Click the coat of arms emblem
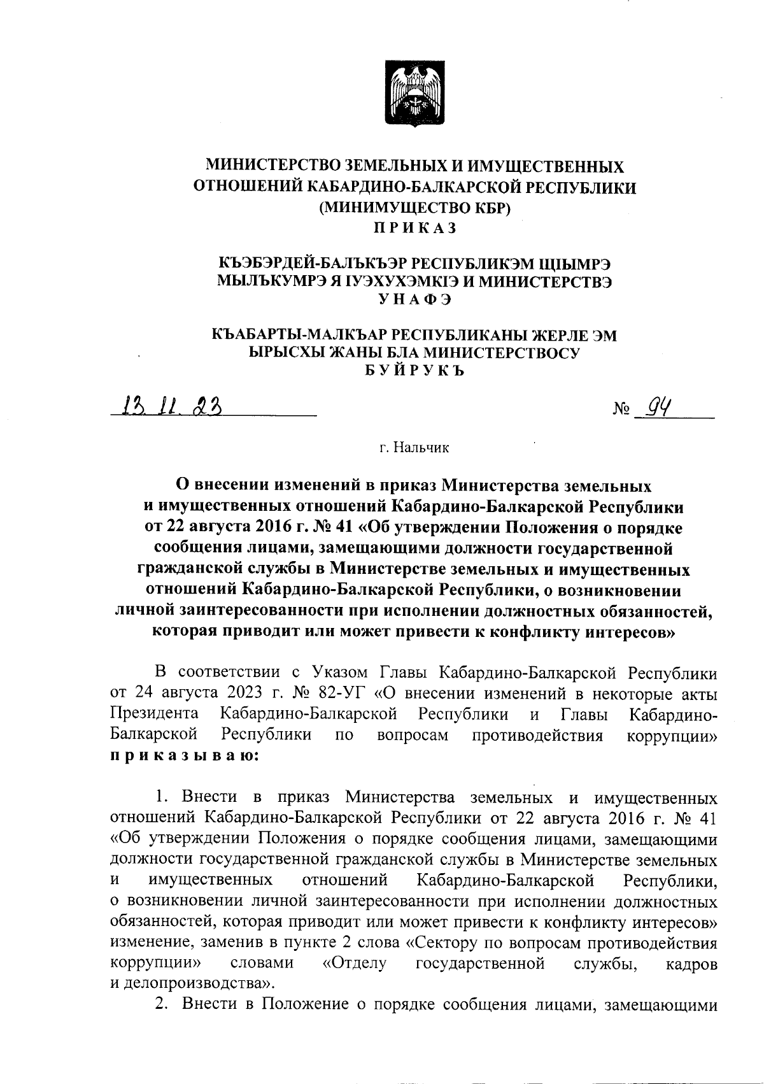pyautogui.click(x=414, y=94)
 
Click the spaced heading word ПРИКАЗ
pyautogui.click(x=414, y=227)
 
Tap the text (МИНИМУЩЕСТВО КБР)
pyautogui.click(x=414, y=208)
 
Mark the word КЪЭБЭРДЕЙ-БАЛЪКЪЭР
pyautogui.click(x=311, y=263)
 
